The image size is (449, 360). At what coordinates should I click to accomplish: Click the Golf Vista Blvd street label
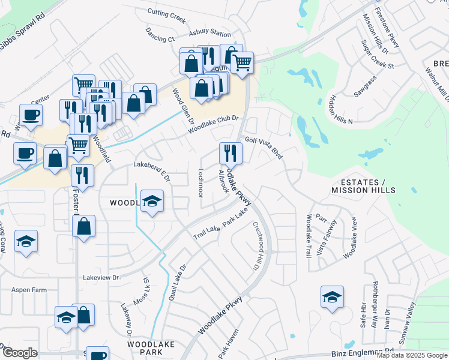(x=264, y=145)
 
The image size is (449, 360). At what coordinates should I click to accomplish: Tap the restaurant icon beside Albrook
(x=231, y=154)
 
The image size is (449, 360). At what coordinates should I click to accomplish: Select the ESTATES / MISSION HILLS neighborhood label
(x=363, y=186)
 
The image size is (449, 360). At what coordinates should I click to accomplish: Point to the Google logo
(x=20, y=353)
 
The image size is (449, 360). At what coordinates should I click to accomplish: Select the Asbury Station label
(x=209, y=34)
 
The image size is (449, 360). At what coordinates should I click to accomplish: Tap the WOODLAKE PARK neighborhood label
(x=151, y=349)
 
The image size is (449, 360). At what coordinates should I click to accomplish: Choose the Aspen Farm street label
(x=29, y=290)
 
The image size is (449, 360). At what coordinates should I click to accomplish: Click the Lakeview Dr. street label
(x=102, y=278)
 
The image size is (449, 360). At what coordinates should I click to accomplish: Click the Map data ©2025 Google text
(x=412, y=355)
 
